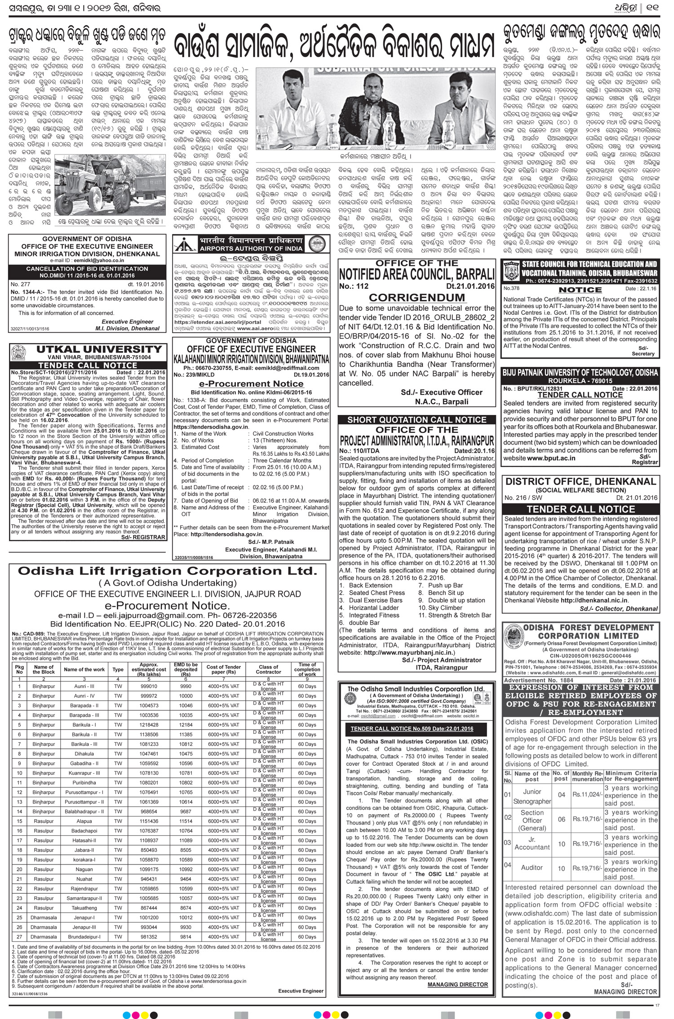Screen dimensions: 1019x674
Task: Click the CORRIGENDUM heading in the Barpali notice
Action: point(417,297)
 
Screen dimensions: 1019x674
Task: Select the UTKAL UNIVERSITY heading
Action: point(100,349)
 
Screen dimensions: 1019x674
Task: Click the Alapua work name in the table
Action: point(84,821)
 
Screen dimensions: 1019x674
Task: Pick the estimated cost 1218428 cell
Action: point(149,725)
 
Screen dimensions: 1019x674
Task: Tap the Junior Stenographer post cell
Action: point(532,796)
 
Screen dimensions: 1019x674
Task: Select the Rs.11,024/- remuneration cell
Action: point(587,794)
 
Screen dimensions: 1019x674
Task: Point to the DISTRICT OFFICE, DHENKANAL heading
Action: point(581,481)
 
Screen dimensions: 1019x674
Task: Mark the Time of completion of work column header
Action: point(307,669)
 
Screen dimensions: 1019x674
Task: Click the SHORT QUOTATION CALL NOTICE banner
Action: point(417,419)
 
